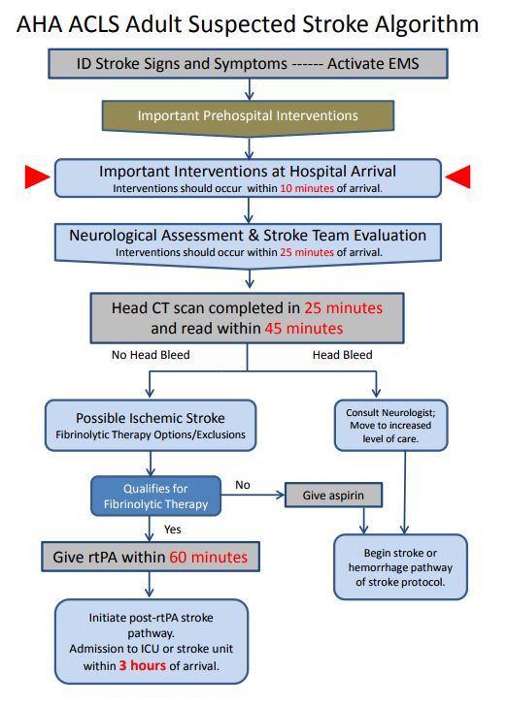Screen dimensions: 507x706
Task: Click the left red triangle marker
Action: point(36,176)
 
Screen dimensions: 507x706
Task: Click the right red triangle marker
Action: point(458,176)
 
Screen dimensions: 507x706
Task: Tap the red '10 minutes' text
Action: point(307,188)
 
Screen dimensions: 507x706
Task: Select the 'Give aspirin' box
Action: point(333,496)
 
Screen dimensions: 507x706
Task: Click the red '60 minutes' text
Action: point(209,557)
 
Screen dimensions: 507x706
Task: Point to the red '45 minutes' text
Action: point(304,328)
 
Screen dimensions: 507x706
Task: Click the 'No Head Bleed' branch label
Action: point(151,355)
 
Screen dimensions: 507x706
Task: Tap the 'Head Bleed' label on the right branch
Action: point(342,355)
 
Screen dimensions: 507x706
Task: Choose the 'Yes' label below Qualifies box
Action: point(172,529)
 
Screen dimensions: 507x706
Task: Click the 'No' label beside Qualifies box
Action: point(243,485)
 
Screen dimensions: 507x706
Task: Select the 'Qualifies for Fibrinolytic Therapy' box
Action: point(156,496)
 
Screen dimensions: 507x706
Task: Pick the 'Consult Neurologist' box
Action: point(390,426)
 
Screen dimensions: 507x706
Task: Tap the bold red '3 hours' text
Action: point(143,665)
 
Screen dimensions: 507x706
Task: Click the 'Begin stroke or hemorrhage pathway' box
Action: point(400,567)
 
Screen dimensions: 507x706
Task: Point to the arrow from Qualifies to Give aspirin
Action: point(253,496)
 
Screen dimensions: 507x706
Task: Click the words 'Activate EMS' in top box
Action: point(373,63)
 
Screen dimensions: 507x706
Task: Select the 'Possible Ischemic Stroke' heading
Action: point(151,418)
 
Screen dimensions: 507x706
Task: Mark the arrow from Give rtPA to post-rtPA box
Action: point(150,585)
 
